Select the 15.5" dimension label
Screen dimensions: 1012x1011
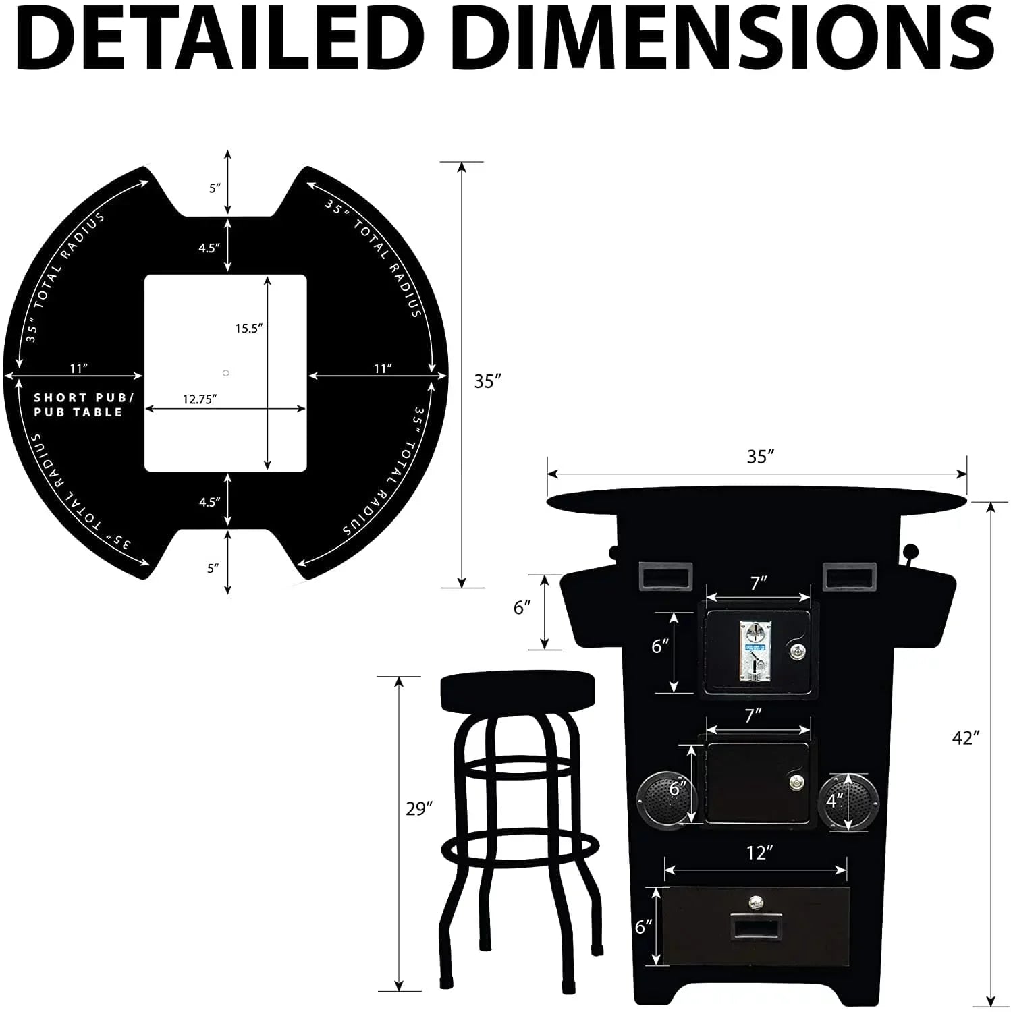[248, 329]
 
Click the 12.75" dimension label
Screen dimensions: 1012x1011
[199, 399]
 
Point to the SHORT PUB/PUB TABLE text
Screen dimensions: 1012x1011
[80, 405]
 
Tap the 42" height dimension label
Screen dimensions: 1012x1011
[965, 738]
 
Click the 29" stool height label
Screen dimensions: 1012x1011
[418, 808]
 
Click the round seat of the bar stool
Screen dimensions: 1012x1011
[518, 691]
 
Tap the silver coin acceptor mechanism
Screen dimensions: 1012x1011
[755, 650]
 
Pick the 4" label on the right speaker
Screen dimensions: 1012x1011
[835, 801]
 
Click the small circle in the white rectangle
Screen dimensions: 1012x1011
[226, 373]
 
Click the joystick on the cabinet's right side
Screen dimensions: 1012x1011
[912, 554]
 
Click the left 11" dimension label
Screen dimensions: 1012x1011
[79, 368]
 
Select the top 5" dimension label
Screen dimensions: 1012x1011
[215, 188]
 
